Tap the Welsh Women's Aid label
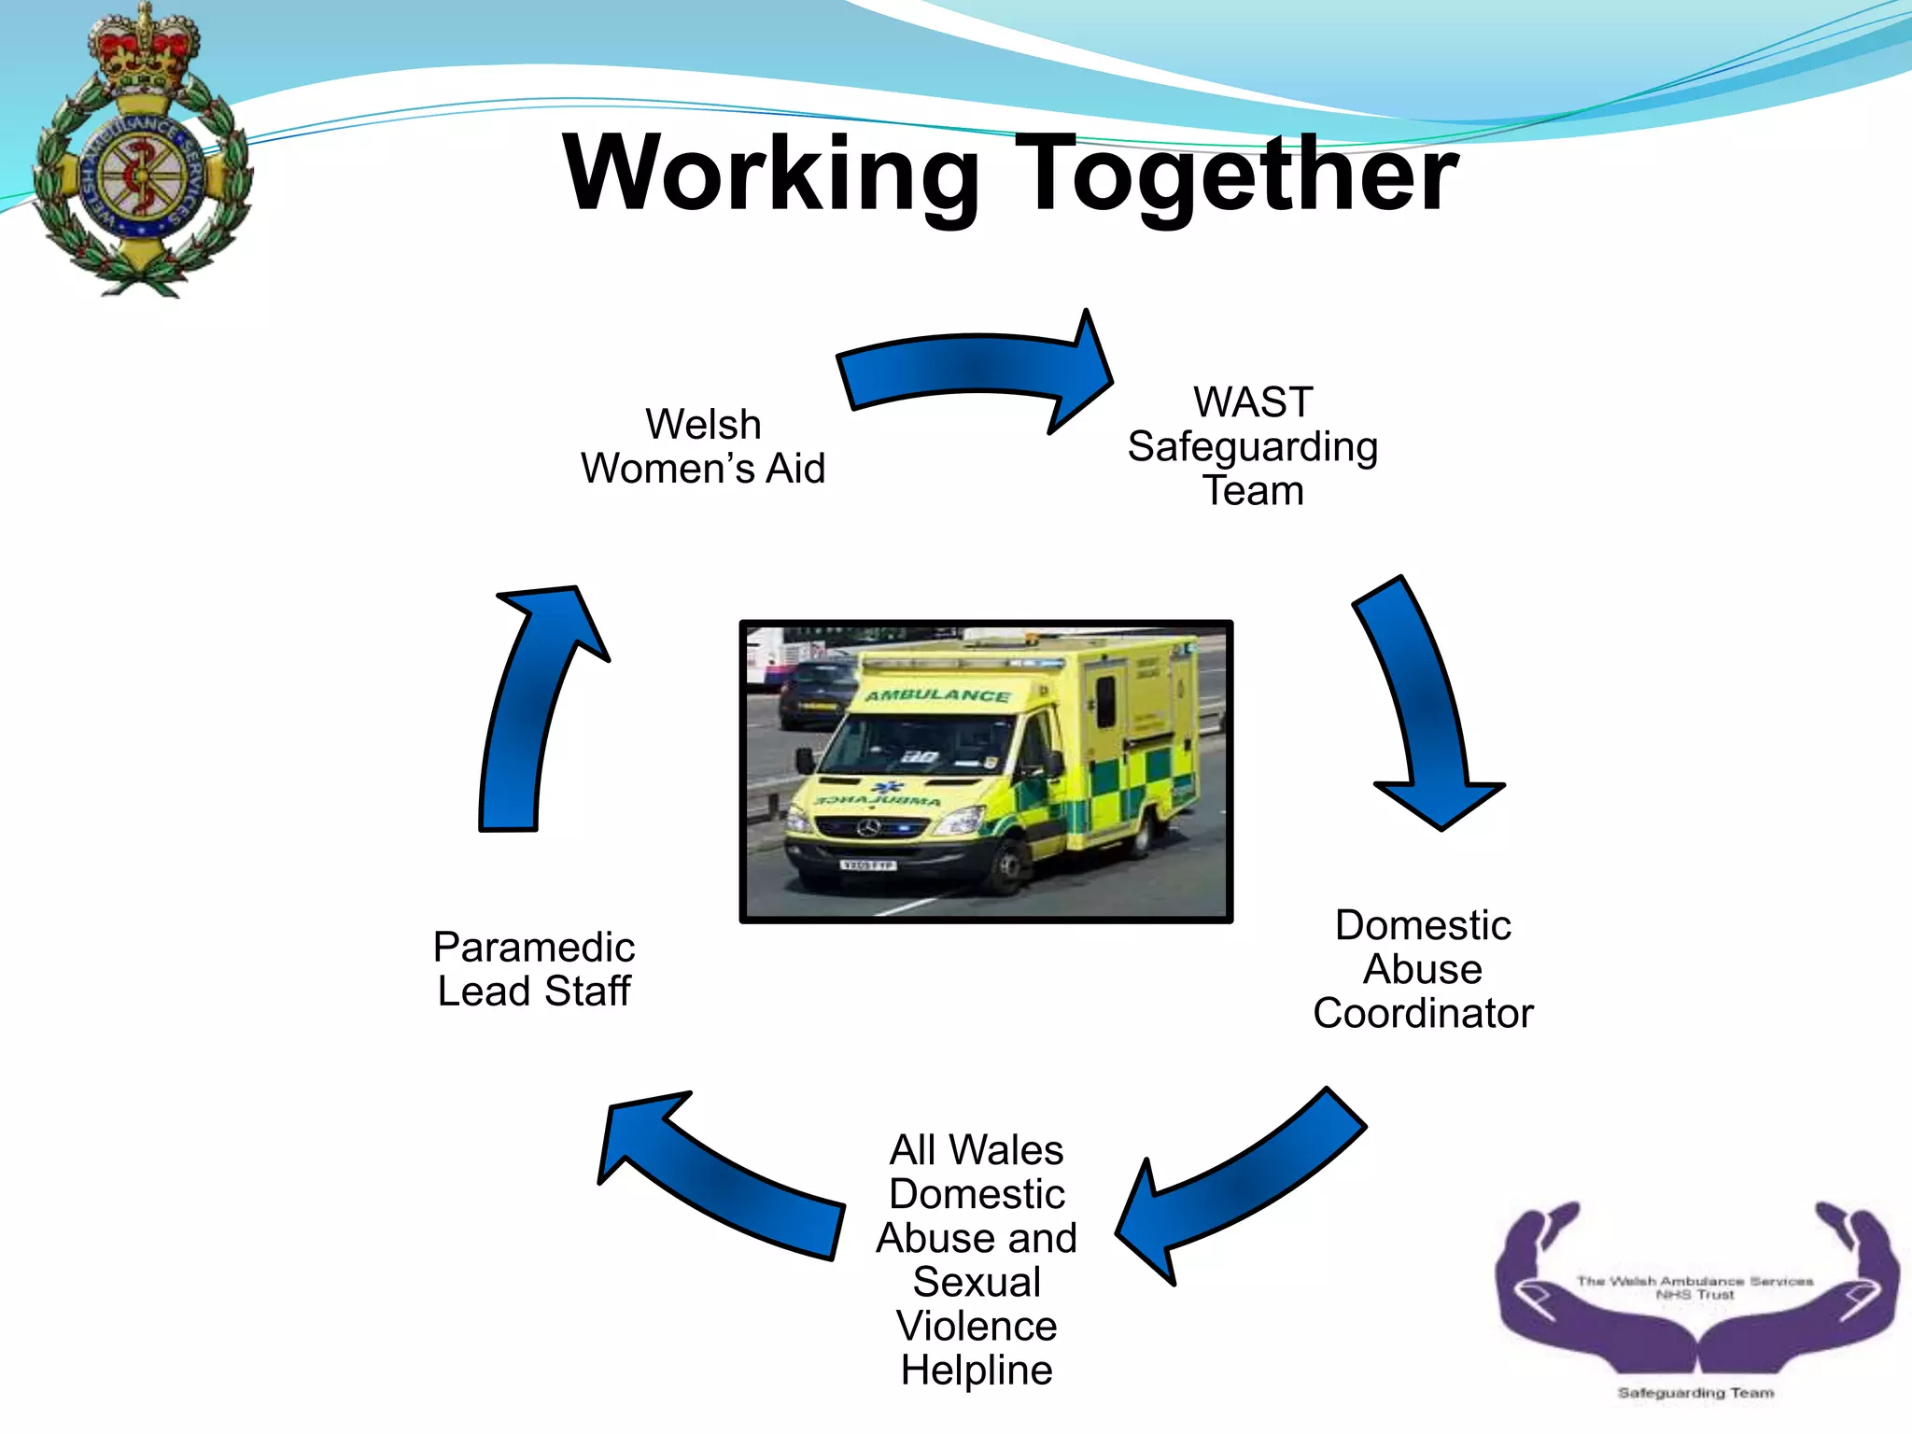tap(703, 446)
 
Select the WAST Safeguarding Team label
tap(1252, 446)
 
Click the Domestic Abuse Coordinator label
tap(1423, 969)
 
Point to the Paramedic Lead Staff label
tap(534, 969)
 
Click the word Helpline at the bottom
tap(977, 1371)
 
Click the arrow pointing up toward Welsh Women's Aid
tap(532, 710)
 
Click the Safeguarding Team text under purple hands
tap(1695, 1393)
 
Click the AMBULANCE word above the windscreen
tap(936, 696)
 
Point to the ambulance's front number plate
tap(868, 865)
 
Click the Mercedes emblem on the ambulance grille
tap(869, 828)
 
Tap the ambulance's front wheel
tap(1009, 868)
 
